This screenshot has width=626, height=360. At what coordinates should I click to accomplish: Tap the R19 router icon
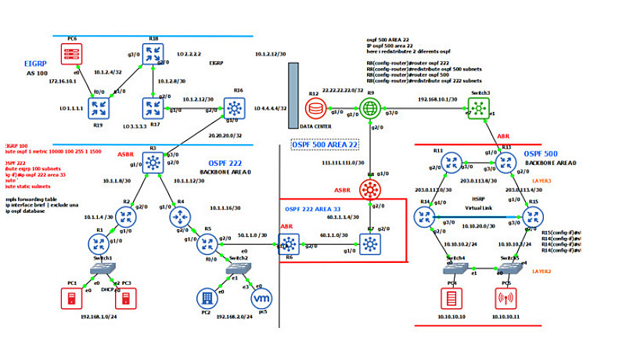click(x=99, y=106)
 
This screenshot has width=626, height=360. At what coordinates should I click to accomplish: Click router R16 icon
click(x=234, y=106)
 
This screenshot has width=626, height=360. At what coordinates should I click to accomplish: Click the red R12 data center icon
click(x=315, y=108)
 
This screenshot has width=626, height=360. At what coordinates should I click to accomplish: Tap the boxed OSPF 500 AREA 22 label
click(x=325, y=145)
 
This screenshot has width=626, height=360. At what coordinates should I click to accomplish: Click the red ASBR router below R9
click(x=370, y=189)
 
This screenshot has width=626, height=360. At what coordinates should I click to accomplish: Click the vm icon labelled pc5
click(x=264, y=298)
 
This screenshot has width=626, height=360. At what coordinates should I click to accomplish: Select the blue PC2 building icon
click(x=206, y=298)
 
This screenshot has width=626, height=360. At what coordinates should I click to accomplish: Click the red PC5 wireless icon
click(x=505, y=298)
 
